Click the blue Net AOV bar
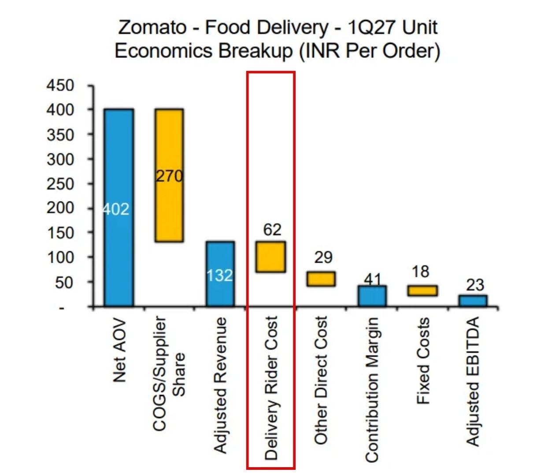[x=119, y=208]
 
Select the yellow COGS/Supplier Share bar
[x=169, y=175]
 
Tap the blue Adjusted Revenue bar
[x=220, y=274]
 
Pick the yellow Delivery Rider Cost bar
[x=270, y=257]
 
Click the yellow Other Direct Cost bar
[x=321, y=279]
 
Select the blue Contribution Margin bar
[x=372, y=296]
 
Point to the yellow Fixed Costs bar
[x=422, y=290]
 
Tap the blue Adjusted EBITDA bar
[x=473, y=301]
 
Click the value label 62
[x=272, y=230]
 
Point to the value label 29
[x=323, y=257]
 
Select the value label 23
[x=475, y=285]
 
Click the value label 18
[x=420, y=271]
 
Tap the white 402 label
[x=116, y=209]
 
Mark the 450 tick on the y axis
[x=60, y=86]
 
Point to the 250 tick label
[x=60, y=184]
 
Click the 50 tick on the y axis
[x=64, y=283]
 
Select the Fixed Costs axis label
[x=422, y=361]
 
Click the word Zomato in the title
[x=152, y=27]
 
